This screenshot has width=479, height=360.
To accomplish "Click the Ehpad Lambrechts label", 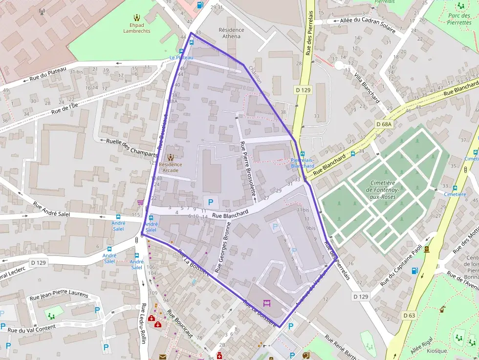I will click(x=137, y=27).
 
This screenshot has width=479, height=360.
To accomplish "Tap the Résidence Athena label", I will click(x=231, y=33).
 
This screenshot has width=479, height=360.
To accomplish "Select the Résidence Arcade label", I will click(x=170, y=164).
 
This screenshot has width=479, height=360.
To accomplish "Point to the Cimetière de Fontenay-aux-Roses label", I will click(x=383, y=190).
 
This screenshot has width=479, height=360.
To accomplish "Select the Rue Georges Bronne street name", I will click(x=222, y=247).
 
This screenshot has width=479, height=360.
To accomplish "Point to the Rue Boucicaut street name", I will click(x=180, y=324).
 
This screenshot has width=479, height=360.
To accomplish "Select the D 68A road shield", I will click(x=384, y=125).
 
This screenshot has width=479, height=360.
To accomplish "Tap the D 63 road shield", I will click(x=409, y=316).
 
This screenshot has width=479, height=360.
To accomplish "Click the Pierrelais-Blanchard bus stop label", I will click(x=303, y=163).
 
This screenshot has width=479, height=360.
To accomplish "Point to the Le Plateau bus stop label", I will click(x=181, y=57).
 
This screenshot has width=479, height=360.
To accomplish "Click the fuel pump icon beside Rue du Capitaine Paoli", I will click(x=415, y=271).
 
